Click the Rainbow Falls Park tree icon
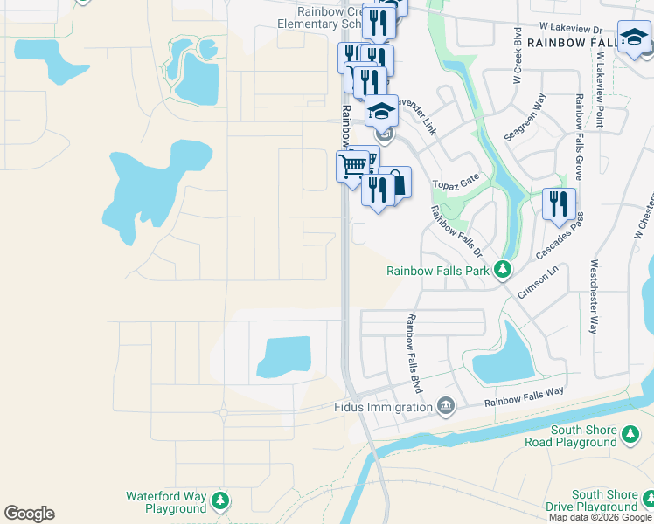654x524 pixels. click(503, 270)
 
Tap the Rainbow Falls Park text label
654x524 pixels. click(439, 271)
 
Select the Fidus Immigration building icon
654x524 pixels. click(445, 407)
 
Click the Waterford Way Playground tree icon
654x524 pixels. click(221, 501)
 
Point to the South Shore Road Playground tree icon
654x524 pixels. click(630, 435)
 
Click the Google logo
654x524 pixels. click(29, 514)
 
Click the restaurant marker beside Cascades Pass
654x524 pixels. click(559, 204)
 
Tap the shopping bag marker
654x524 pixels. click(396, 183)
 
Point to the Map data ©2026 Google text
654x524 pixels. click(599, 517)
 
